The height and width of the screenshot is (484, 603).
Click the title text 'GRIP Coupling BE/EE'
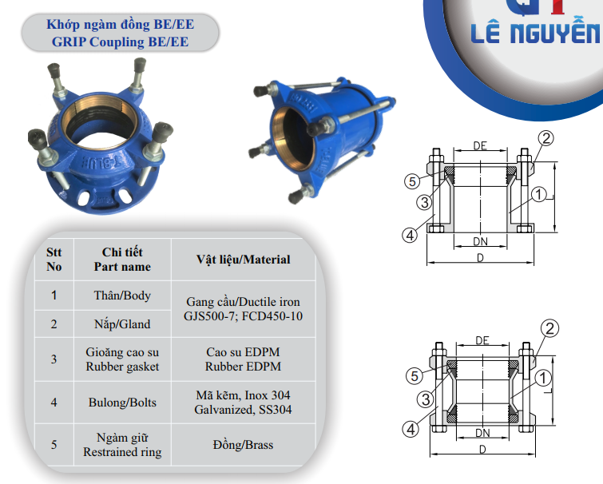pos(120,42)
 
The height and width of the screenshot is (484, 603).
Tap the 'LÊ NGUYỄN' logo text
pos(536,32)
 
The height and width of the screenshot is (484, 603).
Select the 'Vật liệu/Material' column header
pos(243,260)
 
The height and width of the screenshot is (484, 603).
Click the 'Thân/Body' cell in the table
pos(122,296)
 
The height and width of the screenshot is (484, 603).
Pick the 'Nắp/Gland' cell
pos(122,324)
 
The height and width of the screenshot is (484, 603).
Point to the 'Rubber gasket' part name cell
pos(122,359)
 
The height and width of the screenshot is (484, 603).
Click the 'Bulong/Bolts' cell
pos(122,403)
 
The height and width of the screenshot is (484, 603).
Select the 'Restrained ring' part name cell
pos(122,445)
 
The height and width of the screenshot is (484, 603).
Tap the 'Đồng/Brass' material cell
pos(243,445)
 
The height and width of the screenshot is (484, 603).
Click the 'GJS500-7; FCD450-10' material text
pos(243,316)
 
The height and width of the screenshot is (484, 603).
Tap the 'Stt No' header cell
pos(54,260)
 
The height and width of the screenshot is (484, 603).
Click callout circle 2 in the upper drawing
pos(546,138)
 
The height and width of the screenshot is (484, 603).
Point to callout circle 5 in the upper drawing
pos(412,181)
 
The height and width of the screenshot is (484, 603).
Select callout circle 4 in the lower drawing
pos(411,429)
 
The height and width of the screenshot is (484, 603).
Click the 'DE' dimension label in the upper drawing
pos(480,145)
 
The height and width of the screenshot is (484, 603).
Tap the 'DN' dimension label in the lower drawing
pos(482,433)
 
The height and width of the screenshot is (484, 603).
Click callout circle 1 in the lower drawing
pos(543,378)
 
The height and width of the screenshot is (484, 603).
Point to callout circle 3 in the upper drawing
pos(425,202)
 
